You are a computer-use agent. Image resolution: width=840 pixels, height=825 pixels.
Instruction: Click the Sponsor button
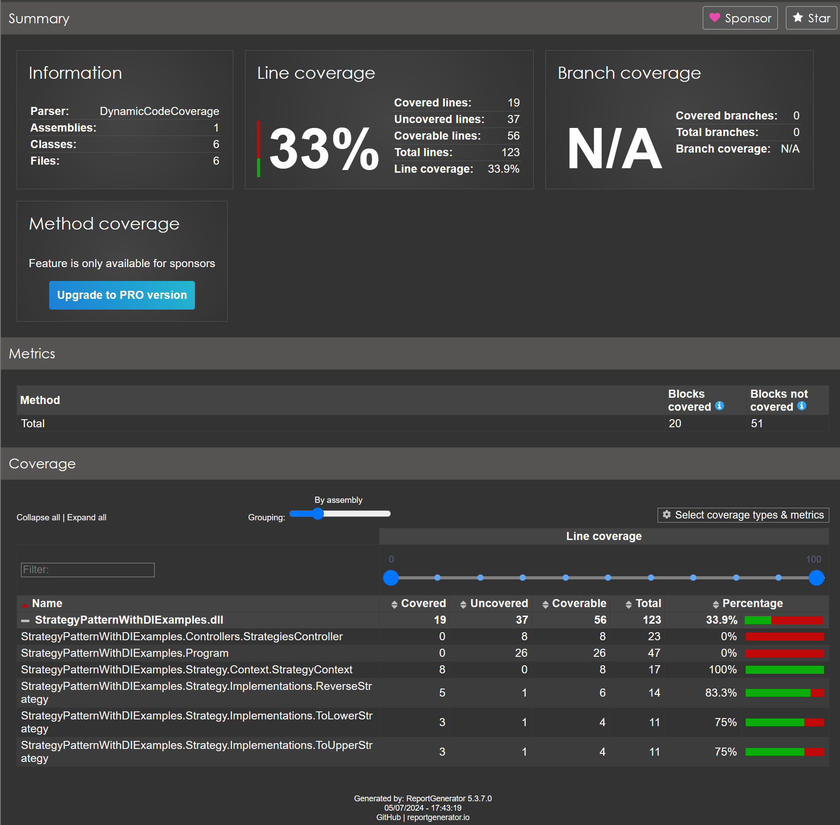pos(740,18)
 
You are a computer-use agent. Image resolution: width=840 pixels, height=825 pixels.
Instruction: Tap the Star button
pos(811,18)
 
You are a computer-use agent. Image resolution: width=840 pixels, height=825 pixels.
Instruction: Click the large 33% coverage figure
pos(324,149)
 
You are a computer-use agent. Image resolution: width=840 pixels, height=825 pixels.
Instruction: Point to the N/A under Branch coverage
pos(614,149)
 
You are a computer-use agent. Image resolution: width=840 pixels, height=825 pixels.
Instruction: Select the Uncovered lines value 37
pos(513,119)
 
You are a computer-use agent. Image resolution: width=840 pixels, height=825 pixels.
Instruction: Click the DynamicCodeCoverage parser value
pos(159,111)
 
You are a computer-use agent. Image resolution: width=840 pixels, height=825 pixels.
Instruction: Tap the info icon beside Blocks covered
pos(719,406)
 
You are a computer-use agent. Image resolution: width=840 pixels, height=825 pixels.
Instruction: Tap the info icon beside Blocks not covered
pos(802,406)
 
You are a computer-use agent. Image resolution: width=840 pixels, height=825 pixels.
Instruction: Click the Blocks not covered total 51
pos(756,424)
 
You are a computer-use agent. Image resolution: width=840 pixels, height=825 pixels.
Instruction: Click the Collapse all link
pos(38,518)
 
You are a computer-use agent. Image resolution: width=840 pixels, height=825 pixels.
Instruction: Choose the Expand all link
pos(87,518)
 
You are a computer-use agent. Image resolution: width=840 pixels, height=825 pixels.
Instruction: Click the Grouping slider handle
pos(318,514)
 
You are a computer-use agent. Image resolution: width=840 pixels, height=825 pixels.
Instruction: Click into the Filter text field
pos(88,570)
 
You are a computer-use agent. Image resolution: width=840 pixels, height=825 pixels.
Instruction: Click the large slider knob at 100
pos(816,578)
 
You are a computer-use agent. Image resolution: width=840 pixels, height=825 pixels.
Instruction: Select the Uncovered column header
pos(498,604)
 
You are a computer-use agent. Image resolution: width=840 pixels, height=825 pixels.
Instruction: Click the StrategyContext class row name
pos(186,670)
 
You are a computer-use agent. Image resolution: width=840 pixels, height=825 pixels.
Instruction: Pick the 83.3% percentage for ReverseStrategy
pos(721,693)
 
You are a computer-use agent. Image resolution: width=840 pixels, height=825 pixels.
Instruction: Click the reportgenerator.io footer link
pos(438,817)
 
